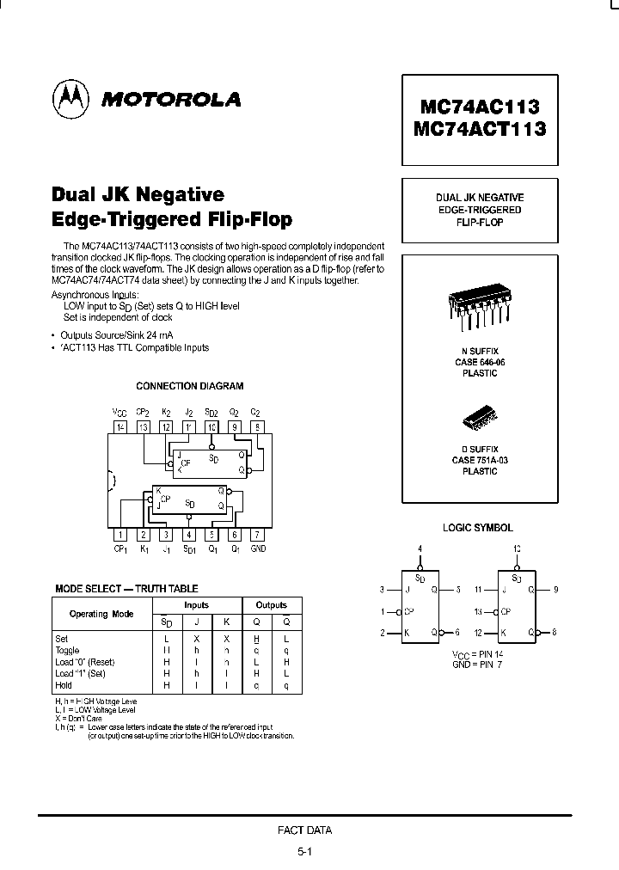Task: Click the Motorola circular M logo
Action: click(71, 100)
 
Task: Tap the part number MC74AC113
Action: click(480, 107)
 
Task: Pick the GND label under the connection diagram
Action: click(258, 548)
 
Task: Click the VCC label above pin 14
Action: click(120, 413)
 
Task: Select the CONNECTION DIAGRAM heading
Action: click(190, 387)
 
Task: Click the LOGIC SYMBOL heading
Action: click(478, 528)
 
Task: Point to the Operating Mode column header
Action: click(101, 614)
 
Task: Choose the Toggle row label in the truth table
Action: click(67, 651)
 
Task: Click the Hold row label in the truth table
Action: click(64, 685)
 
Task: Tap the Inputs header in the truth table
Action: click(197, 605)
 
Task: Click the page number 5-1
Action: click(305, 851)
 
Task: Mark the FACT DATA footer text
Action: click(304, 830)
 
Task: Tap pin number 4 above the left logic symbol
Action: click(420, 548)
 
